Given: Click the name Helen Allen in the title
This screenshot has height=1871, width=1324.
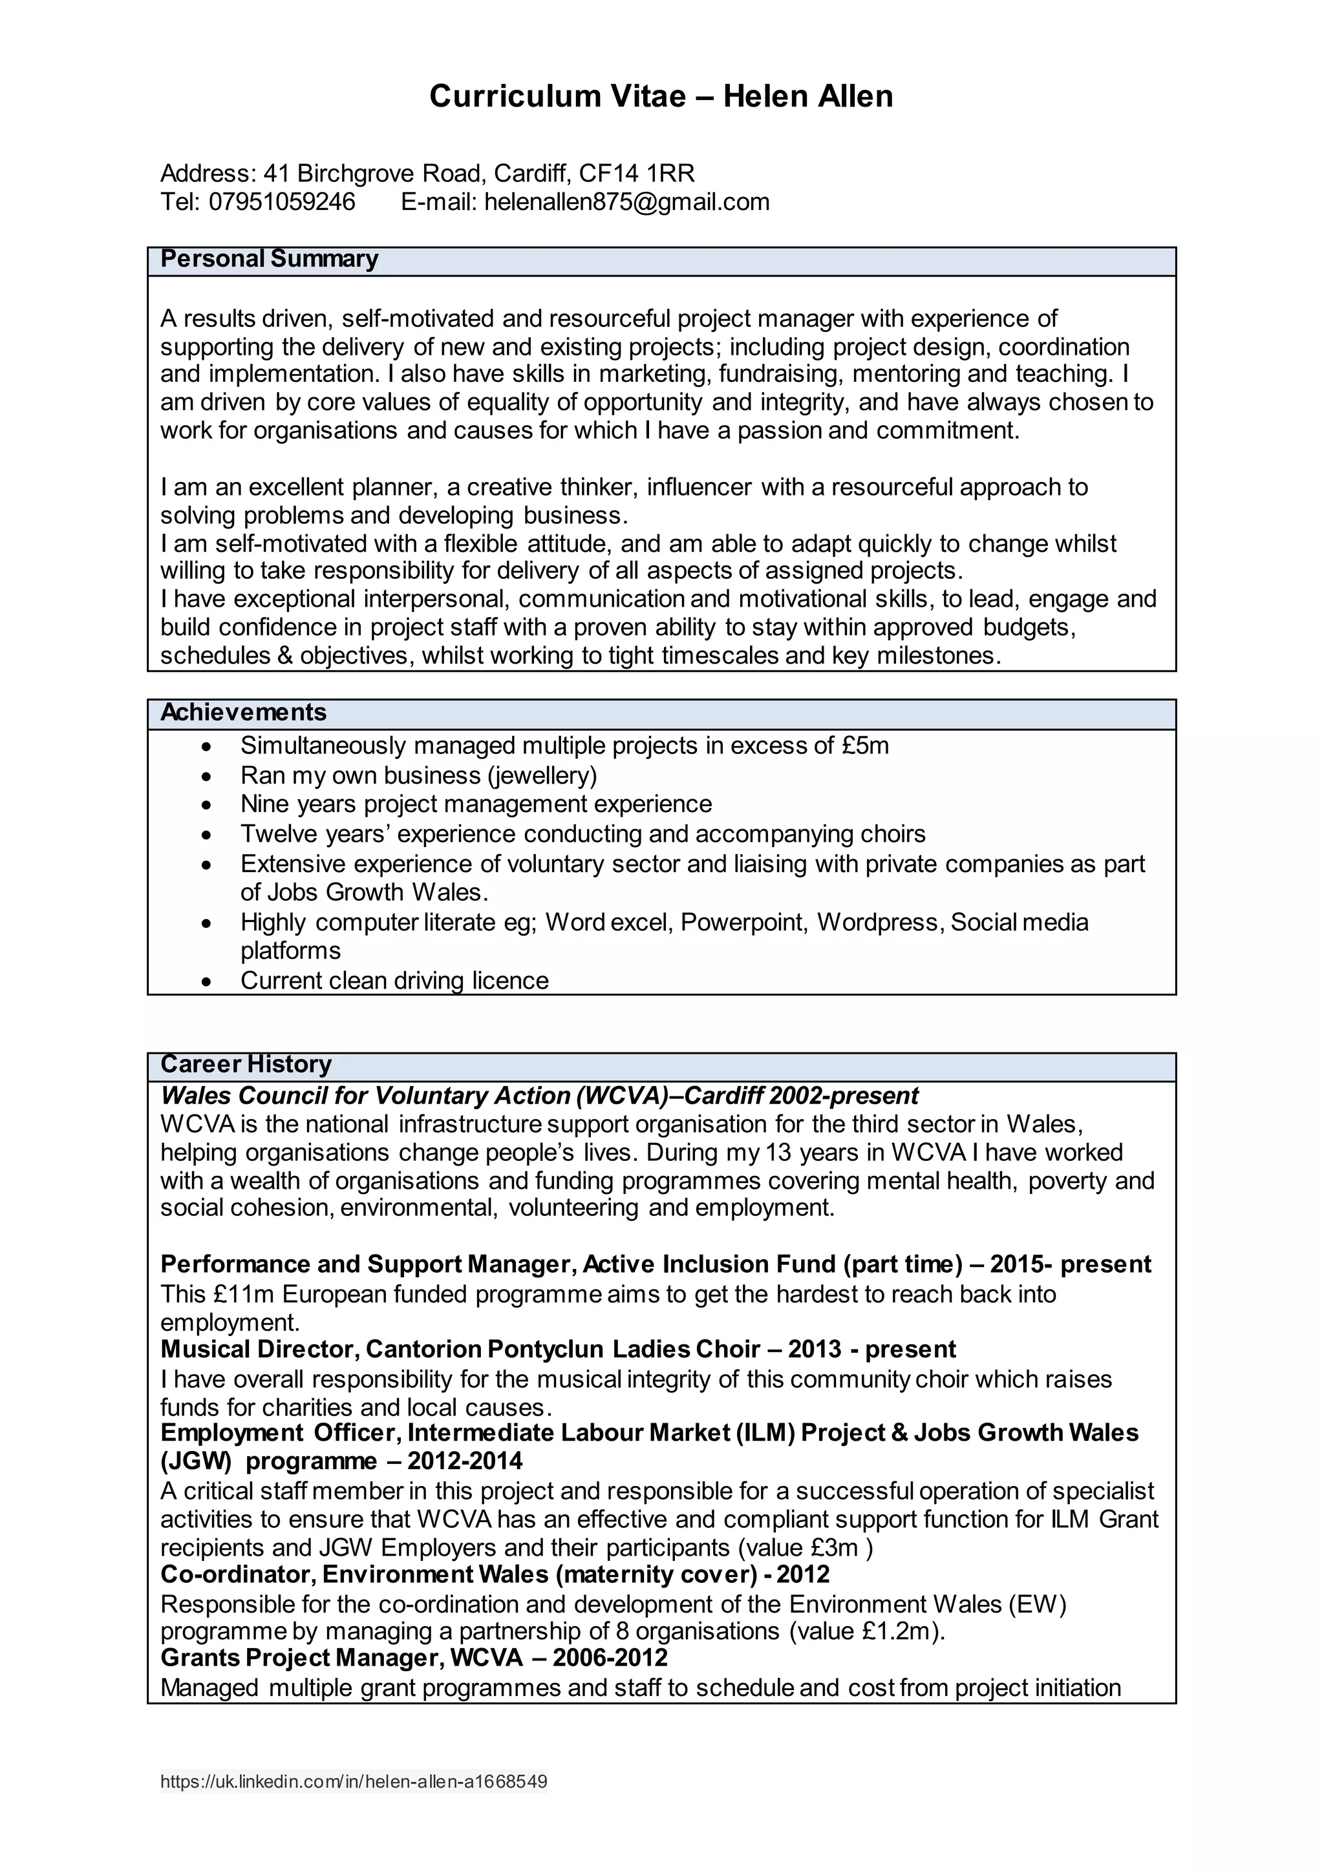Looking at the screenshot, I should coord(807,97).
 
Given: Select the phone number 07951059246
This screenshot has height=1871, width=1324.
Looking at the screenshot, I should coord(282,202).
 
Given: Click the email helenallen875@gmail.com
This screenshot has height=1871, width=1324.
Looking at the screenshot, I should coord(626,202).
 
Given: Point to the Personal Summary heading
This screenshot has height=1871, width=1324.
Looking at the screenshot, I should coord(269,259).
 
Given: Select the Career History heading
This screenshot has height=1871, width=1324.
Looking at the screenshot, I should coord(246,1064).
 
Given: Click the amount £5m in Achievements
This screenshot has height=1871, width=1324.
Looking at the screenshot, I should coord(865,746).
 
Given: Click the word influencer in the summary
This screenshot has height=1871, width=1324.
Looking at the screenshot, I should coord(698,487).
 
